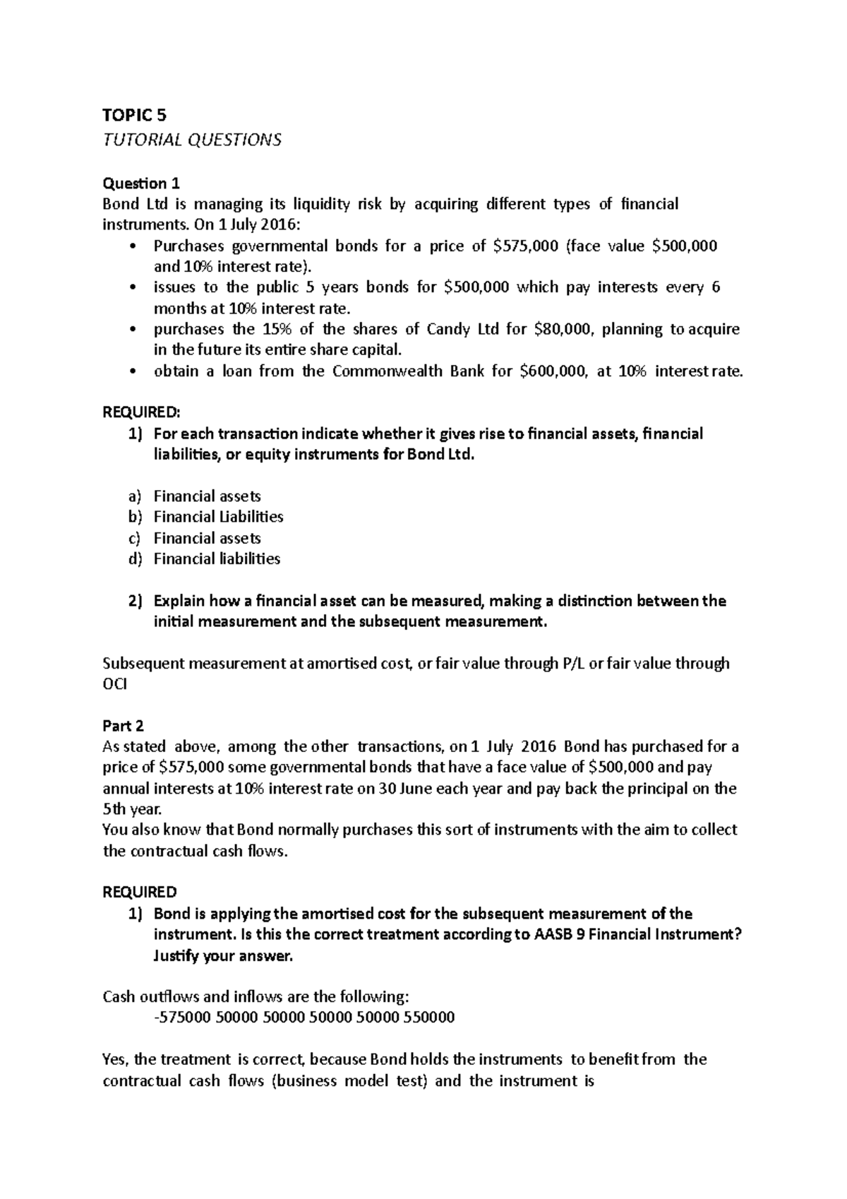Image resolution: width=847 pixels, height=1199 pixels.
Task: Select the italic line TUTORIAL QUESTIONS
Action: tap(192, 140)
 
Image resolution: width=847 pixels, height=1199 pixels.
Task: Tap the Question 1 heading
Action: tap(141, 184)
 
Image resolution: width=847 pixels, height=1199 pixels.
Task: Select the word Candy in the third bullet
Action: tap(450, 330)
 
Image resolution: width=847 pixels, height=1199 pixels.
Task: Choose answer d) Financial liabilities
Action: tap(217, 559)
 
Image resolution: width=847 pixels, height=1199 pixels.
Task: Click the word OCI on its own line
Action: tap(116, 684)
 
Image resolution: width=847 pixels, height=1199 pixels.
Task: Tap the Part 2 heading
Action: tap(123, 726)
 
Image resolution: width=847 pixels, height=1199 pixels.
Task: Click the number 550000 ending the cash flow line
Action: tap(426, 1018)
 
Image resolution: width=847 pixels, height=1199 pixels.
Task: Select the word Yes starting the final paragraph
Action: tap(116, 1059)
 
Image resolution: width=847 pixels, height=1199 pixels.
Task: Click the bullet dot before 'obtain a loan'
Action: tap(134, 372)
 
